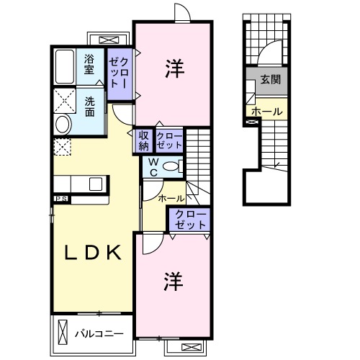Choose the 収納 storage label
[144, 140]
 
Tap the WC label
[153, 168]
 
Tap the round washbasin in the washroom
[61, 125]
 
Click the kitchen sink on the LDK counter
[96, 184]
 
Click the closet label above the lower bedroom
[189, 219]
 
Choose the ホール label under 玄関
[268, 112]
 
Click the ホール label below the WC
[171, 197]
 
